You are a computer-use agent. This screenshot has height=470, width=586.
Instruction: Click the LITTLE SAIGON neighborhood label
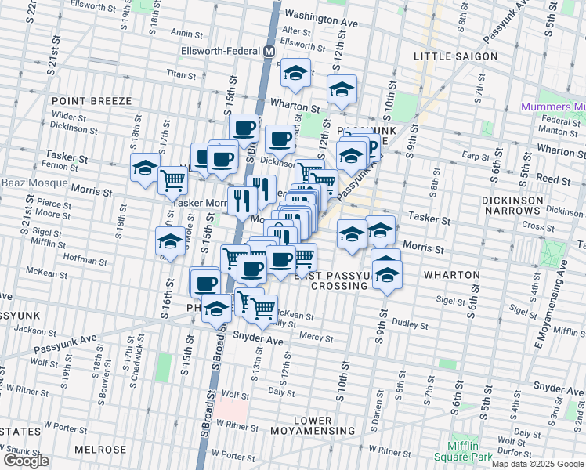pyautogui.click(x=455, y=56)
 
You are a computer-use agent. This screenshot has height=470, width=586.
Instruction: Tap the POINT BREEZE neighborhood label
pyautogui.click(x=82, y=101)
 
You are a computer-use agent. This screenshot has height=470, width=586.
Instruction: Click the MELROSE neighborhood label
pyautogui.click(x=100, y=450)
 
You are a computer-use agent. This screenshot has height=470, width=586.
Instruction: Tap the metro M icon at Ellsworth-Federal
pyautogui.click(x=269, y=51)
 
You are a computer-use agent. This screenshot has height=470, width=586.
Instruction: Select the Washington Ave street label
pyautogui.click(x=320, y=19)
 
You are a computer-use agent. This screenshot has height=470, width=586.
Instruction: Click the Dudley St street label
pyautogui.click(x=410, y=324)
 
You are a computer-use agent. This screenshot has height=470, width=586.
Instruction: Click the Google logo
pyautogui.click(x=27, y=461)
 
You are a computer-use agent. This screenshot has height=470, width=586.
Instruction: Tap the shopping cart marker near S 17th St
pyautogui.click(x=172, y=180)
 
